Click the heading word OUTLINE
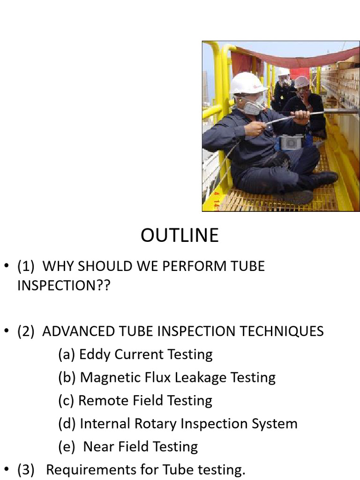(180, 235)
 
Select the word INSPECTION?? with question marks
(63, 285)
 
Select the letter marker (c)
(67, 400)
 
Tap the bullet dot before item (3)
(7, 470)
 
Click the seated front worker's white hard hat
(247, 84)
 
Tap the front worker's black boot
(323, 178)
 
